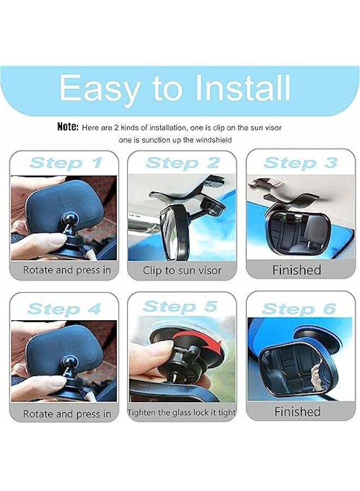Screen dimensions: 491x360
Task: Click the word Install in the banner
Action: [x=236, y=87]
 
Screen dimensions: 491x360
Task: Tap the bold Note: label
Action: [x=68, y=127]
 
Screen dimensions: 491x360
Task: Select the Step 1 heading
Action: [x=65, y=163]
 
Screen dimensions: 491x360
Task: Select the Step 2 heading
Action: [x=182, y=163]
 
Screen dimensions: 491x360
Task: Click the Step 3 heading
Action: [x=300, y=163]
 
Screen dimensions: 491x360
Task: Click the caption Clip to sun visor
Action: [x=182, y=270]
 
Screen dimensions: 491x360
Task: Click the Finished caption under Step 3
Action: [x=297, y=270]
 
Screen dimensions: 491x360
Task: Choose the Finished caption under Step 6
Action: [x=297, y=411]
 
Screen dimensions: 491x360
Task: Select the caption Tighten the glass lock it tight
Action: [x=182, y=412]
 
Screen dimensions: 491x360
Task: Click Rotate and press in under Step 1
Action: [x=67, y=270]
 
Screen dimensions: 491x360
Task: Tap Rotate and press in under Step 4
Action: [x=67, y=414]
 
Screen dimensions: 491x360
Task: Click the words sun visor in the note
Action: [x=262, y=128]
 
